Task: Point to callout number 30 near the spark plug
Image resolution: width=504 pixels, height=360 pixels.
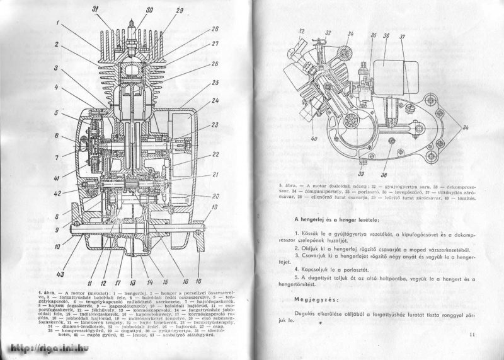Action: coord(149,9)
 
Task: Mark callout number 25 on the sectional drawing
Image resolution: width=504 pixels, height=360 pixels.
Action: coord(215,83)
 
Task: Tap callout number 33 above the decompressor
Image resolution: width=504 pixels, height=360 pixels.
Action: coord(328,30)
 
